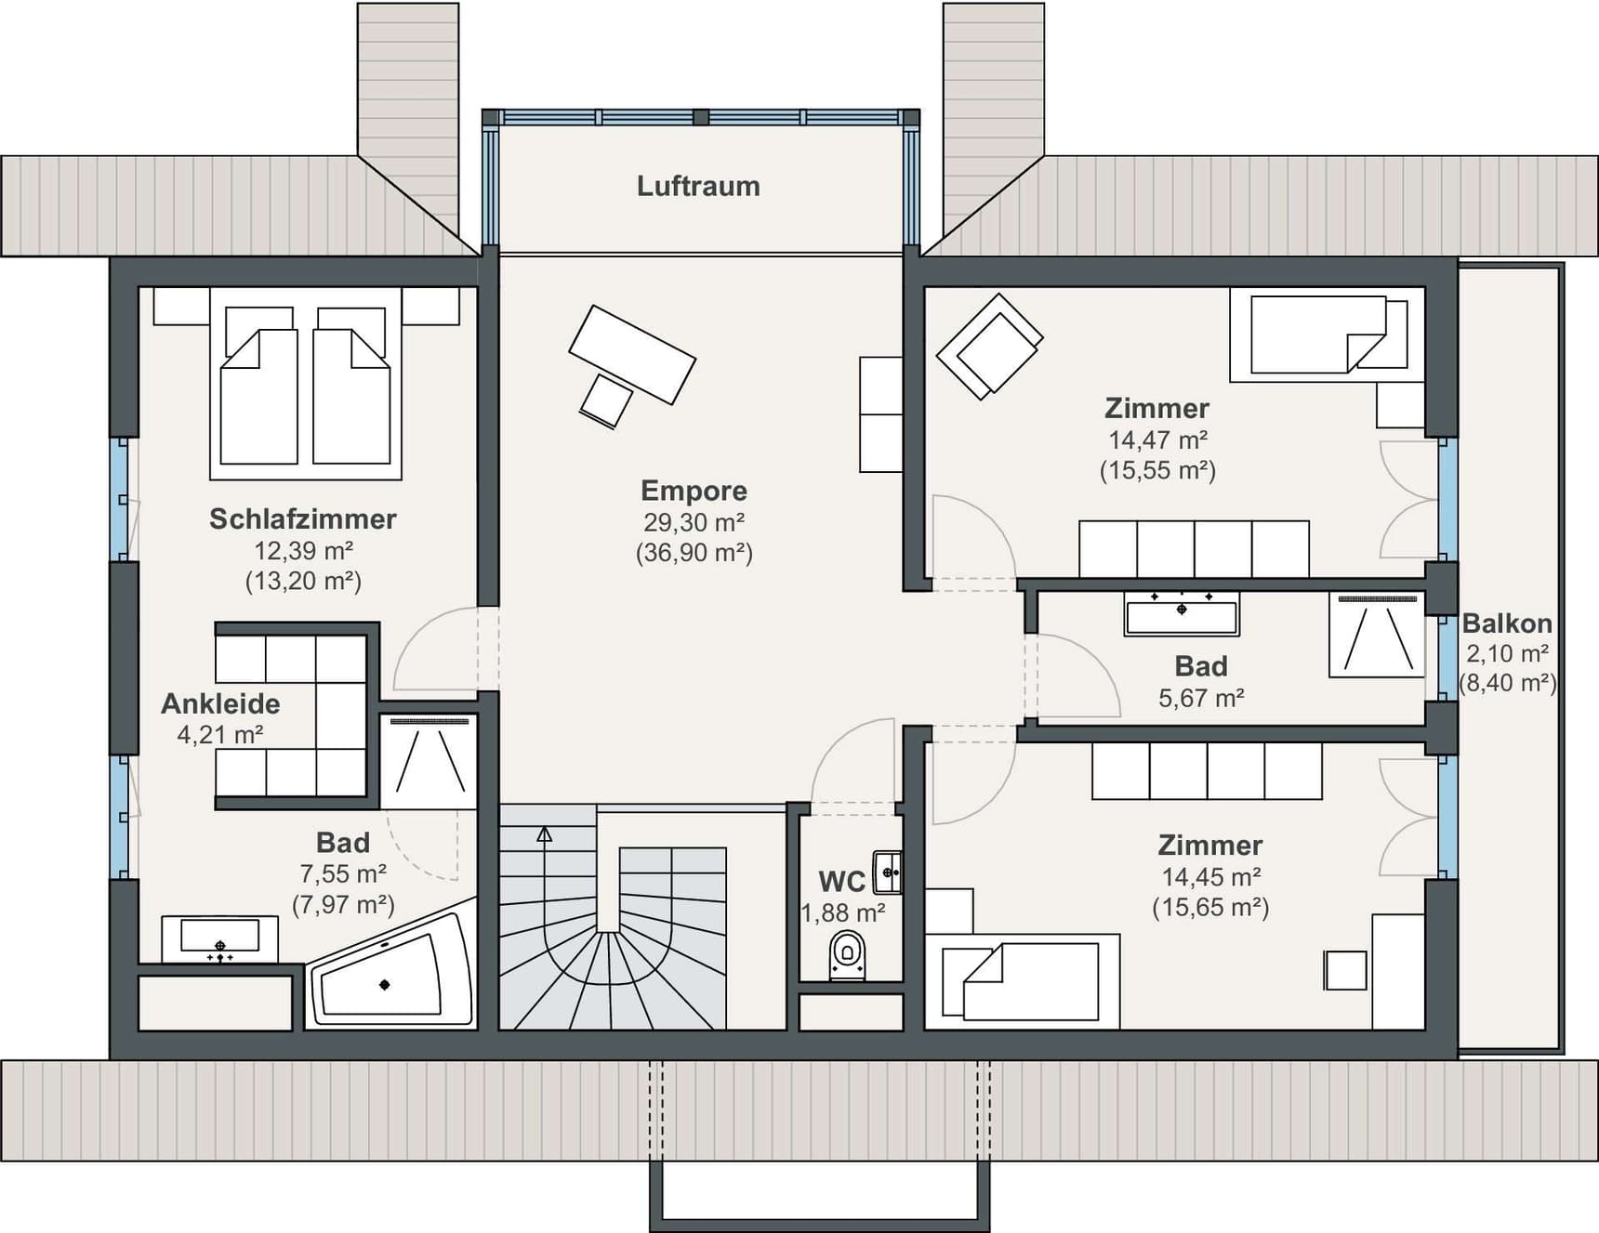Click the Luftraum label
coord(698,186)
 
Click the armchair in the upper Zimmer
coord(988,347)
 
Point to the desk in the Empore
coord(632,354)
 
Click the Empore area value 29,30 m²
coord(694,522)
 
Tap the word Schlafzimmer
coord(303,518)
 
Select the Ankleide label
coord(220,703)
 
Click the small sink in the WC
coord(887,872)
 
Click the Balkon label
coord(1507,623)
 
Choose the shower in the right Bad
coord(1377,635)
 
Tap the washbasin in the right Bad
coord(1182,614)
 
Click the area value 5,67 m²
coord(1201,698)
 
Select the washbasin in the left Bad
coord(219,938)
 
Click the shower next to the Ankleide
coord(429,761)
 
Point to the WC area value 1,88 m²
coord(843,913)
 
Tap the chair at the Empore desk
coord(605,401)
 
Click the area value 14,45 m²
coord(1210,876)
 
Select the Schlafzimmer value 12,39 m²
coord(303,550)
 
